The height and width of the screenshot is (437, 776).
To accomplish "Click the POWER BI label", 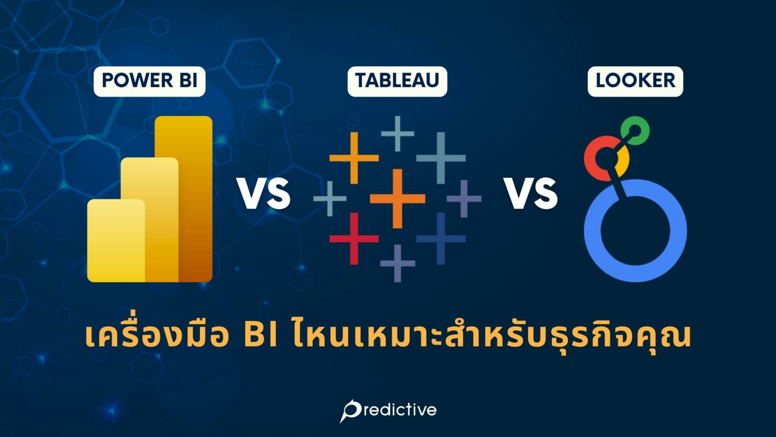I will (x=150, y=81).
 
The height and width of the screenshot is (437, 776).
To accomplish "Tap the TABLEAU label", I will (x=397, y=81).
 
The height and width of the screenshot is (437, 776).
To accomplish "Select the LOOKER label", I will (x=635, y=81).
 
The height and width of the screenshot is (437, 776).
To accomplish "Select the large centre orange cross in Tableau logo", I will (x=398, y=198).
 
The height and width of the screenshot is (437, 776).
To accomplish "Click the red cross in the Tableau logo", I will (x=354, y=238).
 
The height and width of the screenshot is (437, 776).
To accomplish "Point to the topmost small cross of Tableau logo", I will (x=398, y=134).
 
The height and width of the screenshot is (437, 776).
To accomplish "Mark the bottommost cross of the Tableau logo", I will (x=398, y=263).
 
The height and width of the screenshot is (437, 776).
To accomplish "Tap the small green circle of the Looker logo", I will (x=635, y=130).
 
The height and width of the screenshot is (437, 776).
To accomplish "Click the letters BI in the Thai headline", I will (x=260, y=336).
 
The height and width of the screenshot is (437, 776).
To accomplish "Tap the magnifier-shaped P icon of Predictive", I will (x=350, y=410).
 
